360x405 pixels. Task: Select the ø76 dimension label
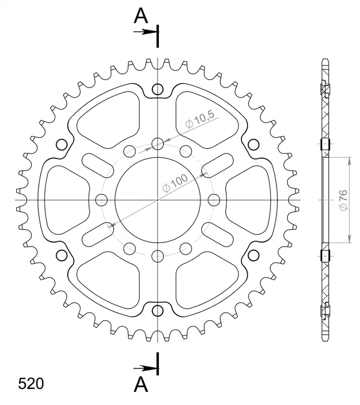tap(344, 200)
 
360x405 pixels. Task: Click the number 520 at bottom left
tap(31, 384)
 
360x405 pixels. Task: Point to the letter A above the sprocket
tap(141, 16)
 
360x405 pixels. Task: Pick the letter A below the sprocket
tap(141, 384)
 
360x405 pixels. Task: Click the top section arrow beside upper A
tap(145, 32)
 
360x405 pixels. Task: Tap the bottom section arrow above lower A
tap(145, 368)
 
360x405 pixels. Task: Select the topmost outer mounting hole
tap(157, 90)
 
